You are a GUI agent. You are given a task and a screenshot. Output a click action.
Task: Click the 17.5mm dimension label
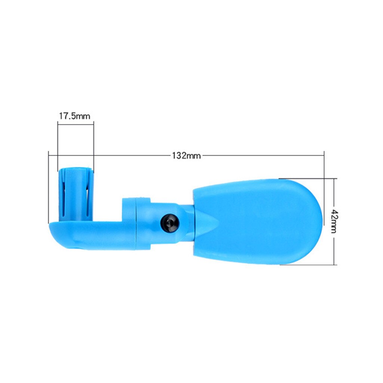pyautogui.click(x=74, y=116)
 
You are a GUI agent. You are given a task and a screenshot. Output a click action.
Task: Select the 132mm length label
pyautogui.click(x=186, y=156)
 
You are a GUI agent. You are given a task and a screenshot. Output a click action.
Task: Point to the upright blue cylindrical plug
pyautogui.click(x=76, y=194)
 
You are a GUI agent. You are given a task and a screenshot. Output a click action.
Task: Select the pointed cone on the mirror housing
pyautogui.click(x=208, y=223)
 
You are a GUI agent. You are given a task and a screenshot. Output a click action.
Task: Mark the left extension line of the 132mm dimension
pyautogui.click(x=49, y=187)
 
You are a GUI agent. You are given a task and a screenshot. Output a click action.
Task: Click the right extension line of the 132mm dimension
pyautogui.click(x=324, y=187)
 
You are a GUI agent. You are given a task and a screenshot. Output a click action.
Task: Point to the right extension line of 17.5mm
pyautogui.click(x=94, y=146)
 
